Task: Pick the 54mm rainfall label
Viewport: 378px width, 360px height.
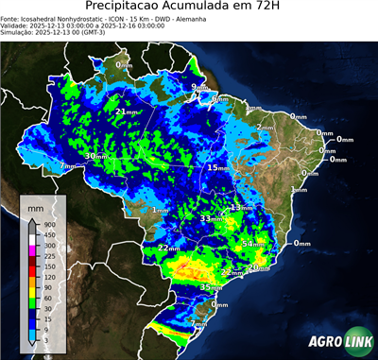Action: click(254, 244)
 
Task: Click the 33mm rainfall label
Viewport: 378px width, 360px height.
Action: click(210, 219)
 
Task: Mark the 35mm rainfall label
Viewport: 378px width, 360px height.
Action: click(210, 286)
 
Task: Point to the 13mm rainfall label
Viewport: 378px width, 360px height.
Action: click(241, 207)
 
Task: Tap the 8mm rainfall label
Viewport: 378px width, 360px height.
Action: click(217, 98)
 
